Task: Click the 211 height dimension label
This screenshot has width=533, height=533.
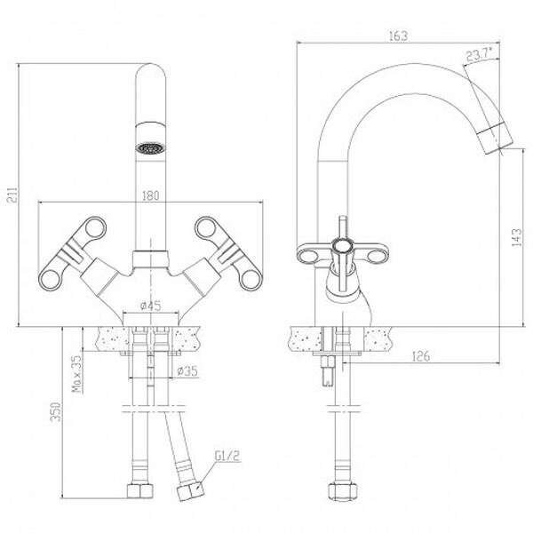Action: (x=12, y=195)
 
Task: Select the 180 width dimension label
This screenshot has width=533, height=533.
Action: (x=150, y=195)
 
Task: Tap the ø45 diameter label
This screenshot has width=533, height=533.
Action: (x=150, y=306)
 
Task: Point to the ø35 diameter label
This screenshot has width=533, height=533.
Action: (x=187, y=370)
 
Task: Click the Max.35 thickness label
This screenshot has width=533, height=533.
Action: (x=78, y=374)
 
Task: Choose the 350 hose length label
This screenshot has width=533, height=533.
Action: (x=55, y=412)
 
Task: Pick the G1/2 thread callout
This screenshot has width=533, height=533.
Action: (x=227, y=457)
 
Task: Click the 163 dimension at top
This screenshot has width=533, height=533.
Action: (x=398, y=36)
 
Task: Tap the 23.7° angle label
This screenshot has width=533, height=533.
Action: (x=480, y=54)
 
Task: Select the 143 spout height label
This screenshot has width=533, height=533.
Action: (x=516, y=237)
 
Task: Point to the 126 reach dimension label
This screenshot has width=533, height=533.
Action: (x=421, y=356)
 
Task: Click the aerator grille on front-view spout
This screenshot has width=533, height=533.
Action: (x=151, y=148)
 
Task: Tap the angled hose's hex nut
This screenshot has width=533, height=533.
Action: (x=190, y=491)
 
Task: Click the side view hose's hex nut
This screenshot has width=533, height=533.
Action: (x=343, y=490)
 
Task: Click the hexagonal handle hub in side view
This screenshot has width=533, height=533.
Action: (x=342, y=247)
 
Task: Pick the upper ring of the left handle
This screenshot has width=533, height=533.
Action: (x=95, y=227)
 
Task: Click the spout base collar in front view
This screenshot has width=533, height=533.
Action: (x=150, y=259)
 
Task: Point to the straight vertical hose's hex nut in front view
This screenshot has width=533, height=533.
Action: (x=140, y=490)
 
